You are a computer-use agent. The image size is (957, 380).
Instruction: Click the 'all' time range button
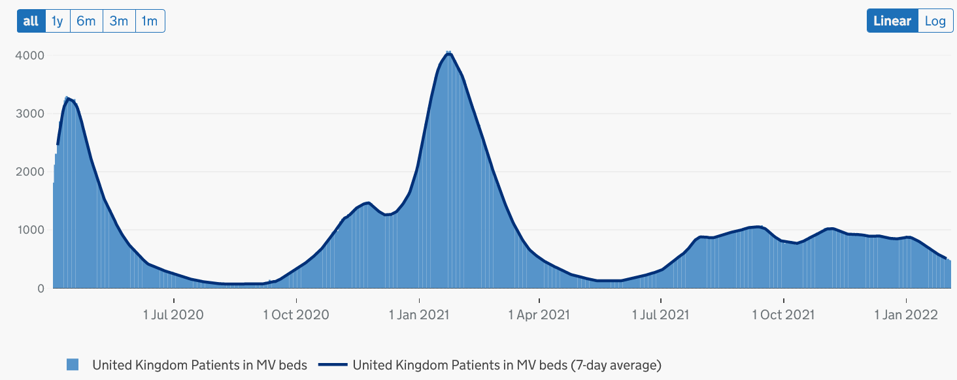pos(31,21)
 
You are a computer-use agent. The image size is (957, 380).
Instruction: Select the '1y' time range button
pos(58,21)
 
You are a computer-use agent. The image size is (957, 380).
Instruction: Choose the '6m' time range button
pos(86,21)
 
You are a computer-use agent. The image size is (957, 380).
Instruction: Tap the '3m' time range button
pos(119,21)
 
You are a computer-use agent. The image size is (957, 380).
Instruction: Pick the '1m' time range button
pos(150,21)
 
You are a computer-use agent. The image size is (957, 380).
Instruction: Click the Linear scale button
pos(892,21)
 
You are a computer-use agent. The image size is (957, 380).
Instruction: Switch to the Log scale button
pos(935,21)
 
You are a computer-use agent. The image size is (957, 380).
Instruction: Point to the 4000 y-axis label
pos(30,55)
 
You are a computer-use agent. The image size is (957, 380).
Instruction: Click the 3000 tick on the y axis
pos(30,114)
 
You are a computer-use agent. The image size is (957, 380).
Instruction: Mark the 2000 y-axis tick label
pos(30,172)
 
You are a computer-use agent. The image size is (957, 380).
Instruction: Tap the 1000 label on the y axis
pos(30,230)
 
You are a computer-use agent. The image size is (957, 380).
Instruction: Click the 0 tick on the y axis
pos(40,288)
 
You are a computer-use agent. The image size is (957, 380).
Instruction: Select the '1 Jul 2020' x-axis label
pos(173,315)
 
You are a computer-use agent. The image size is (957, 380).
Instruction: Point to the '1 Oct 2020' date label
pos(296,315)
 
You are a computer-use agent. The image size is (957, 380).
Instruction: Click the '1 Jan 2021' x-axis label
pos(419,315)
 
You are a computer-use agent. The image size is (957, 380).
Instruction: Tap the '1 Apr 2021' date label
pos(539,315)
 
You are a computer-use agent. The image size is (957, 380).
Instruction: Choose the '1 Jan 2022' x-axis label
pos(906,315)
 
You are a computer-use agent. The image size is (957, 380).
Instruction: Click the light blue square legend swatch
pos(73,364)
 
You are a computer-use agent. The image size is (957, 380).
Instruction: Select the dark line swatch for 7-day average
pos(332,364)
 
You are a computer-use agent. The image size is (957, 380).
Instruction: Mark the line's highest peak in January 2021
pos(448,54)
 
